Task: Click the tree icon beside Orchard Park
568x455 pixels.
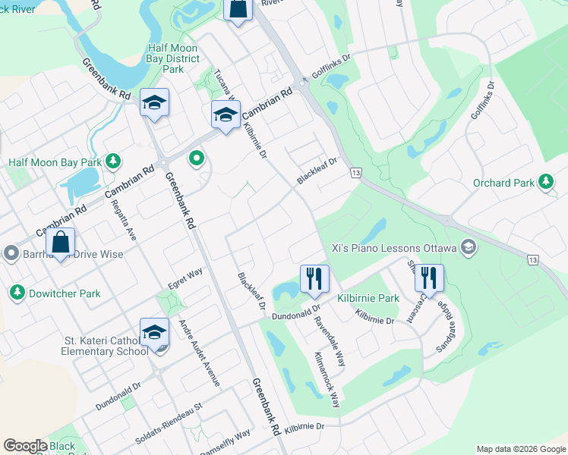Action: tap(545, 182)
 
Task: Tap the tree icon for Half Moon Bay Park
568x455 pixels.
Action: tap(112, 161)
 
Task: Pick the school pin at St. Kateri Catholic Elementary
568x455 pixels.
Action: tap(154, 333)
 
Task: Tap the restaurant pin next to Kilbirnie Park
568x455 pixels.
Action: tap(313, 278)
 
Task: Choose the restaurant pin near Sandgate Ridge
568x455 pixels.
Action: tap(429, 278)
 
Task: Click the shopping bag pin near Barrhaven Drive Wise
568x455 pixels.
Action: tap(61, 243)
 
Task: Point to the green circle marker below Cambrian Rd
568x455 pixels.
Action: tap(197, 158)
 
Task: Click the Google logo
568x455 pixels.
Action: tap(25, 446)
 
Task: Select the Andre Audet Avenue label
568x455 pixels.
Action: tap(198, 353)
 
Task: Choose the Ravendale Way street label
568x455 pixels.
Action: tap(330, 340)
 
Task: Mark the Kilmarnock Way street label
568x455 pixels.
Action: tap(328, 379)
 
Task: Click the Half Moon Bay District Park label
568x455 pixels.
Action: tap(173, 58)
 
